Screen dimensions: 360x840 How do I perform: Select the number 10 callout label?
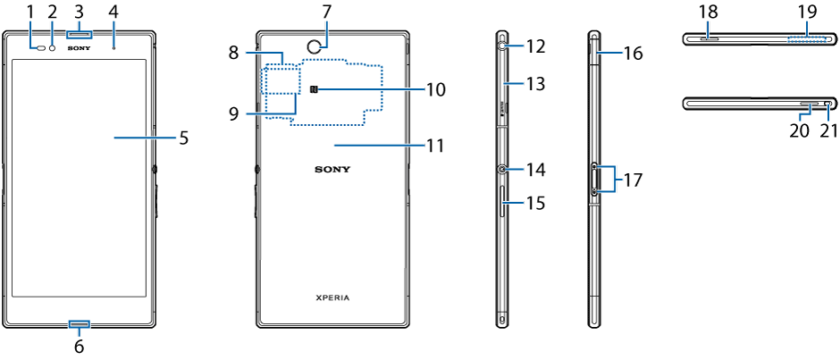click(x=435, y=89)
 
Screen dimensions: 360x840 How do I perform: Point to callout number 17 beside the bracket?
click(x=633, y=179)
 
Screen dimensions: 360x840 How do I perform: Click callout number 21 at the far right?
click(x=828, y=130)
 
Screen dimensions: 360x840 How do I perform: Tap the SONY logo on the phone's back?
click(x=332, y=168)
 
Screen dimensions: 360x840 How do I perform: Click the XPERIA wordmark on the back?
click(x=332, y=296)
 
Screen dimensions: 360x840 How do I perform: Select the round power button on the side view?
click(x=503, y=168)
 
